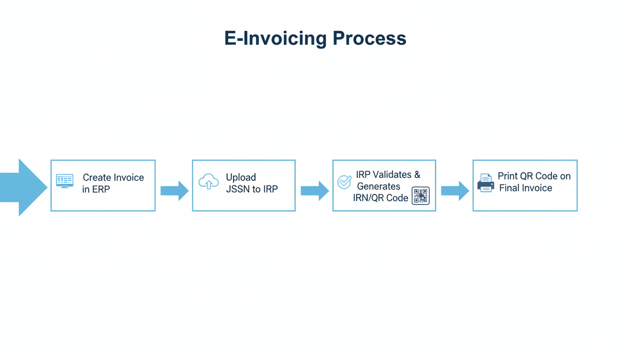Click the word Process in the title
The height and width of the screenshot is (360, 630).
tap(369, 38)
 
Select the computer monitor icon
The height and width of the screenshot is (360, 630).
tap(65, 181)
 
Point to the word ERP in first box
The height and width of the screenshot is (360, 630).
tap(101, 190)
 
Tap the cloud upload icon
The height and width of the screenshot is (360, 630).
tap(209, 181)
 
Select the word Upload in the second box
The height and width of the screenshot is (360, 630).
tap(241, 177)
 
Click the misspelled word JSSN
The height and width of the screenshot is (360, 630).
tap(240, 189)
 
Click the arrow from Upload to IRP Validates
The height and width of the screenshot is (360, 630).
tap(315, 190)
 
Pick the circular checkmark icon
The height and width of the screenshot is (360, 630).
tap(345, 182)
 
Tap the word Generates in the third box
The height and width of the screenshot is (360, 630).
tap(379, 186)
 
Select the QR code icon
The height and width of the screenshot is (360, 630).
tap(420, 195)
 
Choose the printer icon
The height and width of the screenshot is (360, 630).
tap(486, 183)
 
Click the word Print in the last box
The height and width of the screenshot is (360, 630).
tap(508, 176)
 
